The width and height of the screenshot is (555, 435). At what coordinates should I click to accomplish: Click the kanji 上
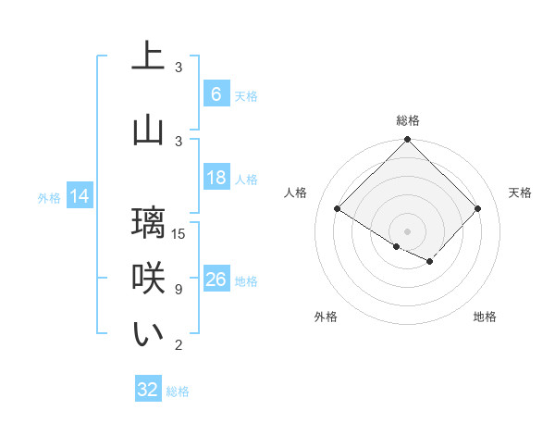pyautogui.click(x=148, y=57)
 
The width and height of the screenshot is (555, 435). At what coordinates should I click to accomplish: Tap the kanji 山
pyautogui.click(x=148, y=130)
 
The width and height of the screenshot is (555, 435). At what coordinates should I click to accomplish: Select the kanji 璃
pyautogui.click(x=148, y=223)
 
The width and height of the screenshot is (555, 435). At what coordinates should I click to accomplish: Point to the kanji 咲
pyautogui.click(x=148, y=279)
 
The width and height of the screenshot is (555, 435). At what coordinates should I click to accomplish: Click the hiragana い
pyautogui.click(x=148, y=335)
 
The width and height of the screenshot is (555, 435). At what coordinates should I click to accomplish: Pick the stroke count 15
pyautogui.click(x=179, y=233)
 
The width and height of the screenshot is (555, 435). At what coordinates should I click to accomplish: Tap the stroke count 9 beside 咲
pyautogui.click(x=179, y=290)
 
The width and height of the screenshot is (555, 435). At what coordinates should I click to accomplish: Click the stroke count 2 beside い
pyautogui.click(x=179, y=345)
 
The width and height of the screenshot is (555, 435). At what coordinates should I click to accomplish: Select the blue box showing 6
pyautogui.click(x=216, y=94)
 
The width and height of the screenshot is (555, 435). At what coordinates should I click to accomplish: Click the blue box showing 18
pyautogui.click(x=216, y=178)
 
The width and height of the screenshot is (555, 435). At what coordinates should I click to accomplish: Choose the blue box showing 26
pyautogui.click(x=216, y=280)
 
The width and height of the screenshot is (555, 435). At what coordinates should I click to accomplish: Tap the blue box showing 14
pyautogui.click(x=79, y=196)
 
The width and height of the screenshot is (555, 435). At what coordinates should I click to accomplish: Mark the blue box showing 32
pyautogui.click(x=148, y=390)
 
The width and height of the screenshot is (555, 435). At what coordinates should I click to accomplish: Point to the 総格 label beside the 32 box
pyautogui.click(x=178, y=391)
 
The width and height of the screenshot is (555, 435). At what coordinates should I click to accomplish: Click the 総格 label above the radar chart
pyautogui.click(x=407, y=120)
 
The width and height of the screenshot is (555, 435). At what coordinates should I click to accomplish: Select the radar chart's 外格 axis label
pyautogui.click(x=326, y=317)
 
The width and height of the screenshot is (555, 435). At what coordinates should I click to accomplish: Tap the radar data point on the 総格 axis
pyautogui.click(x=407, y=140)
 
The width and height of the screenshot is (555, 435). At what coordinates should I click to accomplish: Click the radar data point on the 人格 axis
pyautogui.click(x=338, y=209)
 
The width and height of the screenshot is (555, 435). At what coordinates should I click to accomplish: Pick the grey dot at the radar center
pyautogui.click(x=407, y=230)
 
